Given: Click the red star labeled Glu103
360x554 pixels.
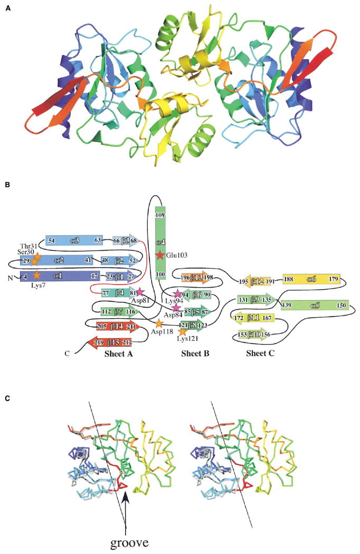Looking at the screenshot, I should pos(160,255).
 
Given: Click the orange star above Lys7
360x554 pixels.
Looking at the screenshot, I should pos(36,275).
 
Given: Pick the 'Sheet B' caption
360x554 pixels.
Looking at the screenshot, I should pos(195,354).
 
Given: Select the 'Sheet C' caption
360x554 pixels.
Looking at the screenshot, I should pos(261,354).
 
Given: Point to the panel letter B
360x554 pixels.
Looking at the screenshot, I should pos(7,186).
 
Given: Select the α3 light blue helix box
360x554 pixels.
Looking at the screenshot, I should pos(74,241).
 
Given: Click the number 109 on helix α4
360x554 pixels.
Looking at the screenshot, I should pos(160,215).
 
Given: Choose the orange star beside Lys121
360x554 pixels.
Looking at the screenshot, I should pos(182,331).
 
